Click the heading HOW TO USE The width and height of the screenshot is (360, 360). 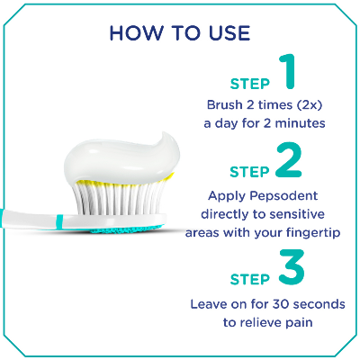(179, 33)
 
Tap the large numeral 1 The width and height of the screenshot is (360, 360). (287, 73)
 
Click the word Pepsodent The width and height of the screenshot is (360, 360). (290, 194)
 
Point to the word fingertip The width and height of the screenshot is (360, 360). (312, 232)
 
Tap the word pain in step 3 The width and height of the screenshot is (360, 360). (301, 322)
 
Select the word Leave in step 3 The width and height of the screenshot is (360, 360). (208, 303)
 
